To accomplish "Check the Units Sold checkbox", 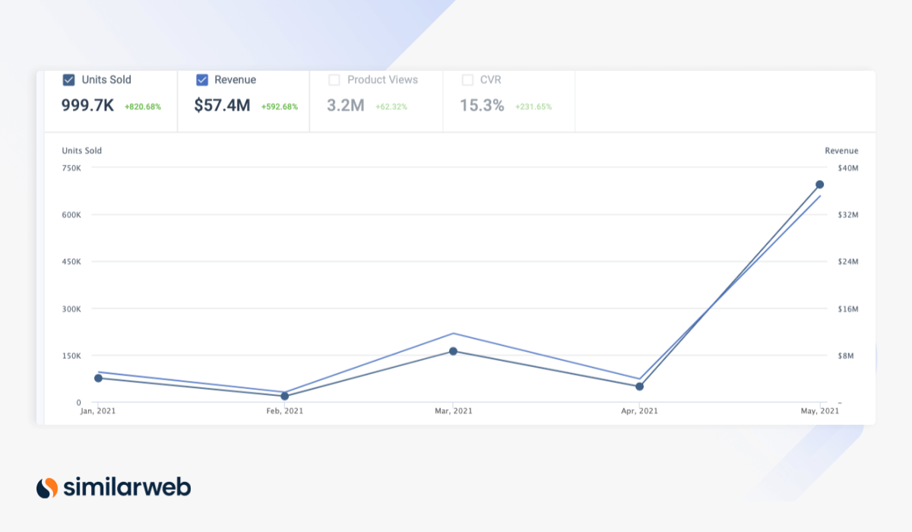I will [x=68, y=80].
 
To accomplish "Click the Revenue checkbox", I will [x=202, y=80].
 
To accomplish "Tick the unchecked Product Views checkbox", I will [x=334, y=80].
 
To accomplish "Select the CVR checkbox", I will [x=467, y=80].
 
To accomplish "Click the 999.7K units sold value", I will [x=87, y=106].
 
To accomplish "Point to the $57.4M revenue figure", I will [x=222, y=106].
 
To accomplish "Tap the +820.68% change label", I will [x=143, y=107].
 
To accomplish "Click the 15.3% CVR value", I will [x=482, y=106].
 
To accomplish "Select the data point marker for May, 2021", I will [x=820, y=185].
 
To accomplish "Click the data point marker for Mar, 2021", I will [x=453, y=351].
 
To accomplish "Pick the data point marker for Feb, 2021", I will [x=285, y=396].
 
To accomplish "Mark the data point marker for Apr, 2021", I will [x=639, y=386].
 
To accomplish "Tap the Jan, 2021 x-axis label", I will [x=98, y=411].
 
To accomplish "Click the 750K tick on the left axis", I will [x=71, y=168].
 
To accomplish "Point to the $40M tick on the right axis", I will [x=847, y=168].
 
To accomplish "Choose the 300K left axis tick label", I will [x=71, y=309].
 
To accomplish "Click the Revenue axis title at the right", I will [x=841, y=150].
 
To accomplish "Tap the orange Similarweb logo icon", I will [x=47, y=487].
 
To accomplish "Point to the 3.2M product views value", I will [x=346, y=106].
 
